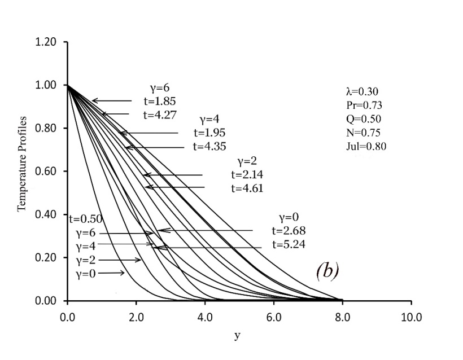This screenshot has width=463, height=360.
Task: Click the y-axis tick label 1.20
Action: pos(49,42)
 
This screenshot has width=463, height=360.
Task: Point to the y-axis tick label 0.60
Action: pos(49,172)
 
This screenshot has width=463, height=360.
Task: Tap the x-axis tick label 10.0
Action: pos(410,317)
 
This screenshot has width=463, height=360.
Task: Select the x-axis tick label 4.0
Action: pos(205,317)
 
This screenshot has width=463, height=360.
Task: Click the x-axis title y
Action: pos(237,336)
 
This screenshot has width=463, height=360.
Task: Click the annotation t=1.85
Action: pos(160,102)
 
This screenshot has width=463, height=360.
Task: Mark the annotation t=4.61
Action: pos(247,188)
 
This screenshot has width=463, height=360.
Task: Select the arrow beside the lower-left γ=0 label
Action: pos(114,273)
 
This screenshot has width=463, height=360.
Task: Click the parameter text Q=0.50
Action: pos(364,119)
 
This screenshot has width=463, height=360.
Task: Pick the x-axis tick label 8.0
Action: pos(342,317)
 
